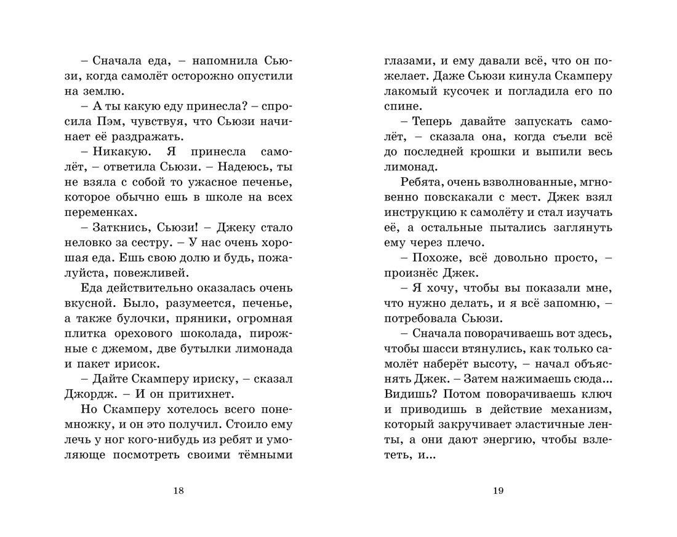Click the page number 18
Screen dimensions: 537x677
178,490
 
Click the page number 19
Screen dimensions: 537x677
498,490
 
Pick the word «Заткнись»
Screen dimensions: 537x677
115,227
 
